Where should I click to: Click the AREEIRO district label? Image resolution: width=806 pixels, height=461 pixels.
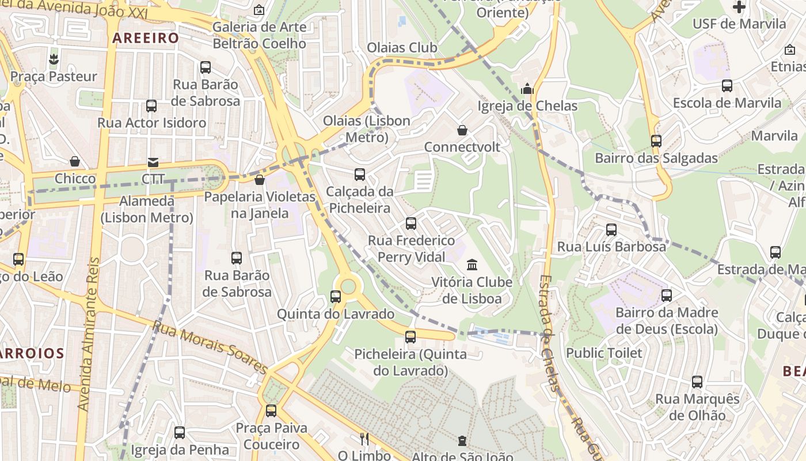point(146,39)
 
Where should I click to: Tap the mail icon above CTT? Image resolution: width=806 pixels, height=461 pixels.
point(153,163)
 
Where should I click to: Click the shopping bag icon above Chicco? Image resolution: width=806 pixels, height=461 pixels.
point(75,161)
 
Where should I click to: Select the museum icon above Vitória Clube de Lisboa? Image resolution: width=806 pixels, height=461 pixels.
point(472,265)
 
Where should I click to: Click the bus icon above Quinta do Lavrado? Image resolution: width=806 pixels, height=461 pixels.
point(336,297)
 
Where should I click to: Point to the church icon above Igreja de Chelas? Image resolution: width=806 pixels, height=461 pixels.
point(527,89)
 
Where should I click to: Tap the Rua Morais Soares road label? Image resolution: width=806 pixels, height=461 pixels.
point(210,347)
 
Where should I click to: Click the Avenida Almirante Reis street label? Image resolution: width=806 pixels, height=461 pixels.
point(90,334)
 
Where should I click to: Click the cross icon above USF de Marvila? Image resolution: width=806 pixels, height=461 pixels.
point(739,7)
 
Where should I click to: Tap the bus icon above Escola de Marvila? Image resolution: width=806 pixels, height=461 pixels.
point(727,86)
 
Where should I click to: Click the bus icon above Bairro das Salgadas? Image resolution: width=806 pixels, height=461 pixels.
point(656,141)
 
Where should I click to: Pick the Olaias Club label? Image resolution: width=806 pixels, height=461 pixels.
point(402,47)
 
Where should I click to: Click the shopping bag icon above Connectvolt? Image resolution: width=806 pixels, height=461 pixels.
point(462,130)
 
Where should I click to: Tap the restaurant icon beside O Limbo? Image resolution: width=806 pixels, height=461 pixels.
point(364,439)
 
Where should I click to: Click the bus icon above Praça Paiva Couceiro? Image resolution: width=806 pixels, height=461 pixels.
point(271,411)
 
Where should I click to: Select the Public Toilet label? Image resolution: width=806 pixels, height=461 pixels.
point(604,353)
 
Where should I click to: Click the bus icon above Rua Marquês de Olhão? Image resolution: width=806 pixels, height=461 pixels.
point(697,381)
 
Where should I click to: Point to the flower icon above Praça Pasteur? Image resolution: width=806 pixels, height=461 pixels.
point(54,59)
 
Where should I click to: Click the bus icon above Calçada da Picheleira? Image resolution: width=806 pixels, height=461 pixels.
point(360,174)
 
